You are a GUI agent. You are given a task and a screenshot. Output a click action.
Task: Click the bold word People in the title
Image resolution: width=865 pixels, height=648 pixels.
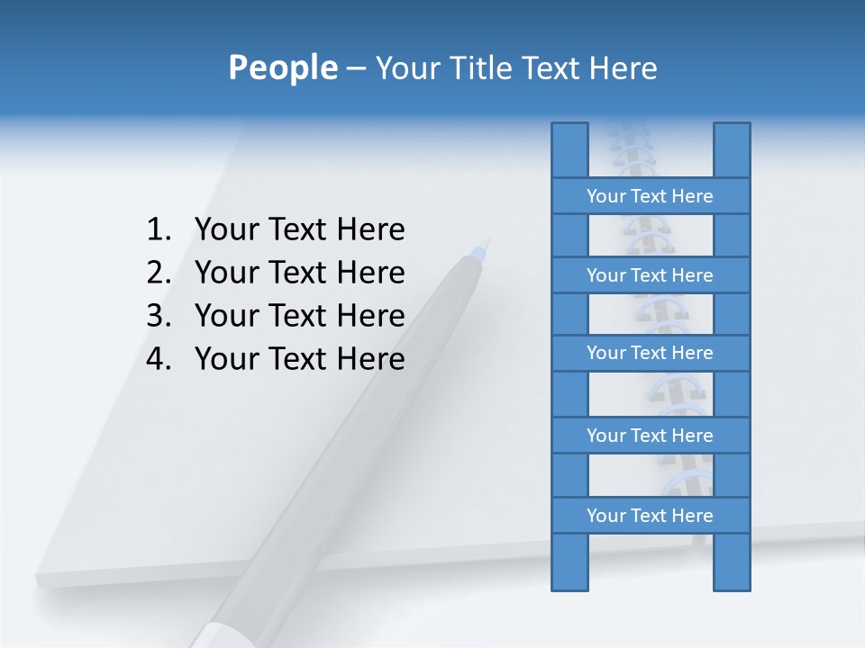click(281, 67)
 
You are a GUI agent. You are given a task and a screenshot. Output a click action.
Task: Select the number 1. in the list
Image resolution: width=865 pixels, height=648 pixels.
click(159, 230)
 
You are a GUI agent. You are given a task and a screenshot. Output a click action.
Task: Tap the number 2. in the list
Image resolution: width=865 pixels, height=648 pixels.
click(159, 273)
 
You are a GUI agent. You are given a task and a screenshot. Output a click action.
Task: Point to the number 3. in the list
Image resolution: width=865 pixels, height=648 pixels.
click(159, 316)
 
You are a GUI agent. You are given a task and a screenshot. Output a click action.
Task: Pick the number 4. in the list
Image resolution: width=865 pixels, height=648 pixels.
click(159, 359)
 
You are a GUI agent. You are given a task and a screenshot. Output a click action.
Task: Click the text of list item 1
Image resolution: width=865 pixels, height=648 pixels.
click(299, 230)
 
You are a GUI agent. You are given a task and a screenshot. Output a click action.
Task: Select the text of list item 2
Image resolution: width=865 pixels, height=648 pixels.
click(299, 273)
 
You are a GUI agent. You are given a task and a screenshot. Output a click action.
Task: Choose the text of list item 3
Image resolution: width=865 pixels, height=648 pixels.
click(299, 316)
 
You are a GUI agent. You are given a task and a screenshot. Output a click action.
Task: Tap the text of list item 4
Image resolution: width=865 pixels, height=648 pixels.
click(299, 359)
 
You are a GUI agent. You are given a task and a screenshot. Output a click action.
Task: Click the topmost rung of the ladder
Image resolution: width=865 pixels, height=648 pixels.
click(650, 196)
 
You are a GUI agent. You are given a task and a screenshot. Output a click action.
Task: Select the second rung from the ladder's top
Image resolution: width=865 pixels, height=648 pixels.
click(650, 275)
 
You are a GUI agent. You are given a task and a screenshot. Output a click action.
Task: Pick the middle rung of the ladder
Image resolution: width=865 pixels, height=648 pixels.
click(650, 353)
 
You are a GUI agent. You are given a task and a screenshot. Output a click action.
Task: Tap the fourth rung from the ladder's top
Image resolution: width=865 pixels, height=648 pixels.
click(650, 436)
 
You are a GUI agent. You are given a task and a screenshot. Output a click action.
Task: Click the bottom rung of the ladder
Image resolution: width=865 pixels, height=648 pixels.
click(650, 516)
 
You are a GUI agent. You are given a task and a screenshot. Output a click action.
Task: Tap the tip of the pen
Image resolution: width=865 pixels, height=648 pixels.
click(487, 241)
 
